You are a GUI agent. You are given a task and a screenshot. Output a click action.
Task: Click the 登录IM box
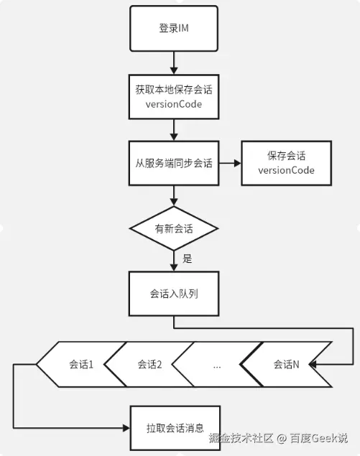173,29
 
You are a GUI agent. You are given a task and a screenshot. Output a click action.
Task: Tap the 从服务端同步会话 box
173,163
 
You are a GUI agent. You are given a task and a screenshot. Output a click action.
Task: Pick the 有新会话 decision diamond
173,229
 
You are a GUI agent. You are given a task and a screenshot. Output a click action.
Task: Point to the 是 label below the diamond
188,258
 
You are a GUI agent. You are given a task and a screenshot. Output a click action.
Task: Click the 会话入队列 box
173,293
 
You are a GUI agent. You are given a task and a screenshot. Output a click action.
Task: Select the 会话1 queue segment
79,364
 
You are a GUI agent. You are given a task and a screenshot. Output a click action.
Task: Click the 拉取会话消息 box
173,428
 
